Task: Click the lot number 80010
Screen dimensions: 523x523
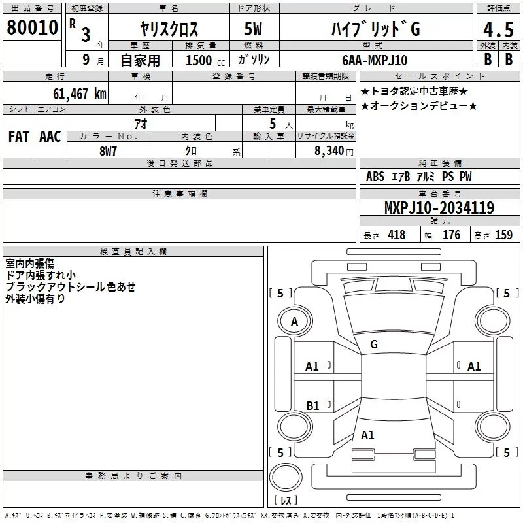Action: pos(32,27)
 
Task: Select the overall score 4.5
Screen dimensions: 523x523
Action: pos(498,29)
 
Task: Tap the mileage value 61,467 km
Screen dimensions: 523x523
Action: pos(79,94)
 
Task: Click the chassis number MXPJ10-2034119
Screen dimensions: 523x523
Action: pos(439,208)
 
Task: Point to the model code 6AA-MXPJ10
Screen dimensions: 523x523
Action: pos(375,60)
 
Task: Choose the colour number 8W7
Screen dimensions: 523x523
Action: pos(108,151)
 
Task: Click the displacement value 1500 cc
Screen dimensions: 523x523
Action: pos(205,60)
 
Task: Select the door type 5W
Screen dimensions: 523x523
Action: pos(253,29)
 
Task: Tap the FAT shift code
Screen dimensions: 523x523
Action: pos(19,137)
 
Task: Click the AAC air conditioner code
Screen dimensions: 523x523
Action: pos(50,137)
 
